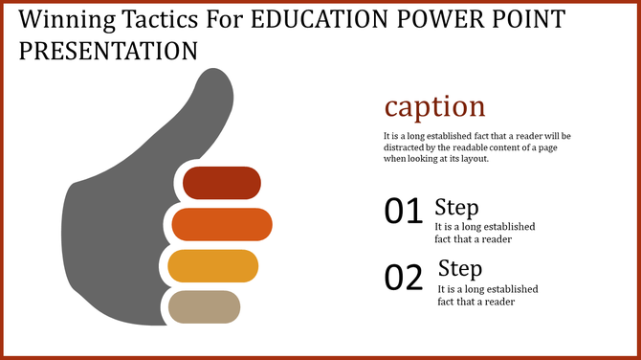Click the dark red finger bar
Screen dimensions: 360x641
point(222,182)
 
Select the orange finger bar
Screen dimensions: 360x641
point(223,223)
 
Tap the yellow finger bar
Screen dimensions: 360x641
point(213,265)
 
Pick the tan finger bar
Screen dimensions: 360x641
point(204,306)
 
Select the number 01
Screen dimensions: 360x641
point(403,212)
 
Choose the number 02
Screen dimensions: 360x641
point(403,279)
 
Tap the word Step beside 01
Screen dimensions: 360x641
point(456,208)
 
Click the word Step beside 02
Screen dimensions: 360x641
point(459,268)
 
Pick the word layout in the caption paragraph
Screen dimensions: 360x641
point(474,159)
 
